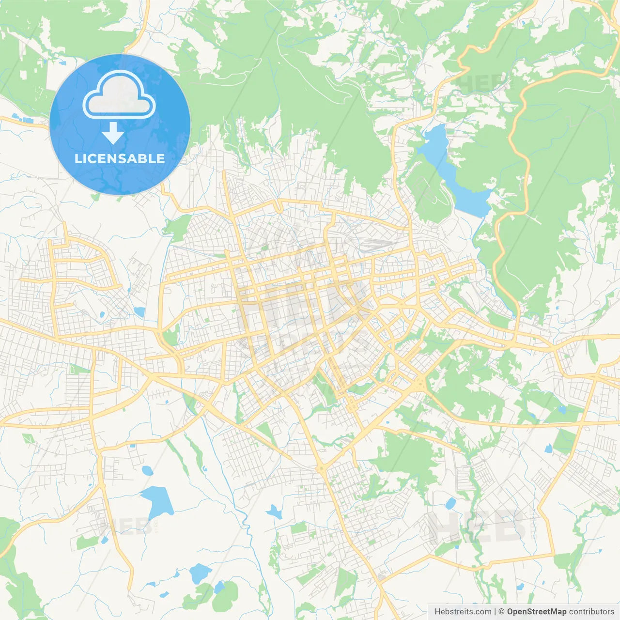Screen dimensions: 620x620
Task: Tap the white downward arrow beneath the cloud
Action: pos(113,133)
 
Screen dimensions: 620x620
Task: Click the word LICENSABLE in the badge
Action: pos(120,158)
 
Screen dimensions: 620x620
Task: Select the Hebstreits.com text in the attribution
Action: pos(463,612)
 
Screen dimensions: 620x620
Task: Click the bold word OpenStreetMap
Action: pos(537,612)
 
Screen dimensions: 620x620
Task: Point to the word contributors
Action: pos(591,612)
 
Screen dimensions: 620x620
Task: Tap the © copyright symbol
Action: pos(501,612)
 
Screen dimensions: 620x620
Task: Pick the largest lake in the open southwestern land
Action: pos(157,501)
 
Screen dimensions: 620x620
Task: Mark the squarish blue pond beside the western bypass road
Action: pos(139,312)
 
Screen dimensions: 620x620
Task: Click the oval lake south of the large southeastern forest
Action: pos(450,504)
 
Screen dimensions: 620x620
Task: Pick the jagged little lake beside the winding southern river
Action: pos(274,512)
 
